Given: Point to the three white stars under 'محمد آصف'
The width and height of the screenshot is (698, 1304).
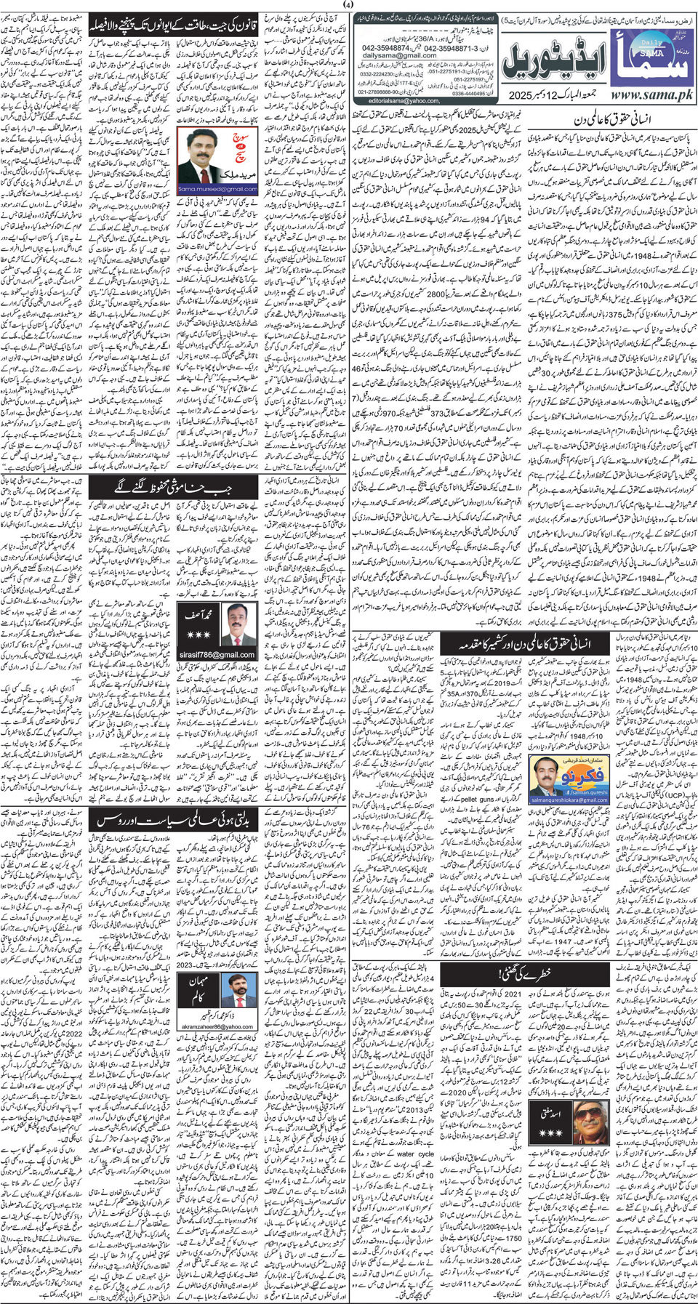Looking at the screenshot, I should pyautogui.click(x=198, y=635).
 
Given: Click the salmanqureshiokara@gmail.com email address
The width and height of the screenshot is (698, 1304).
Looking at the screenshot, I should pyautogui.click(x=568, y=800).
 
